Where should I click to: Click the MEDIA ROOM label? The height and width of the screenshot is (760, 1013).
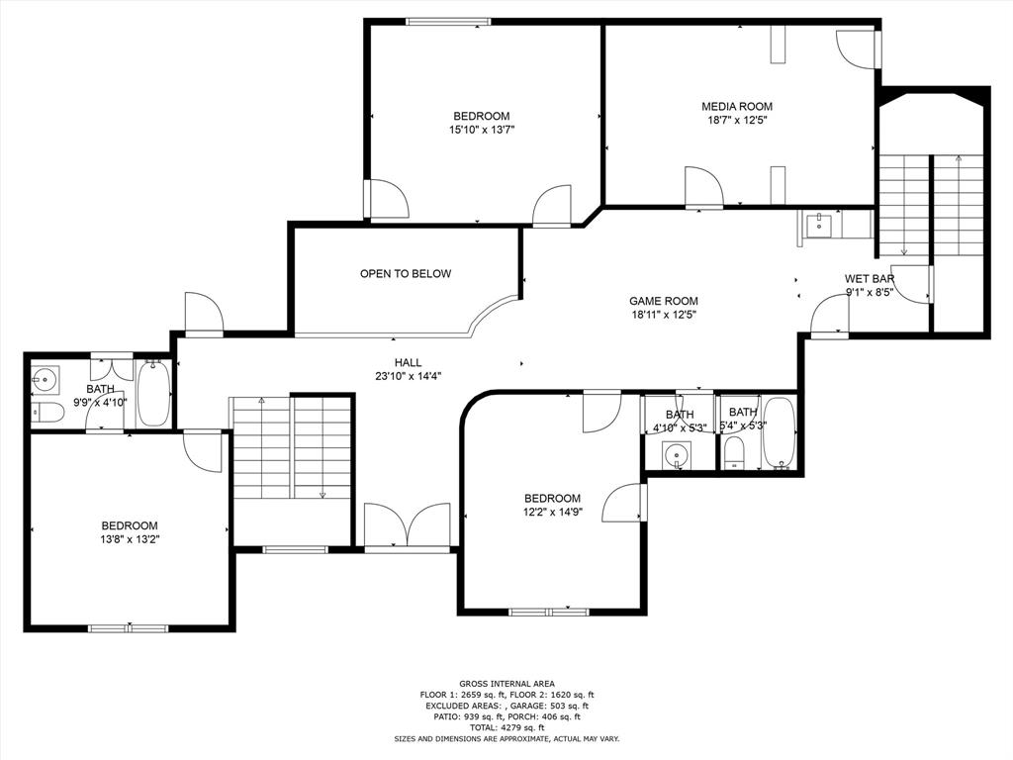(736, 106)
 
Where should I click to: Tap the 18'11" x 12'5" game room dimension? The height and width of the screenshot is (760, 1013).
(664, 316)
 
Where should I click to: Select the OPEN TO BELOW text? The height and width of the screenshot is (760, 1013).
(406, 274)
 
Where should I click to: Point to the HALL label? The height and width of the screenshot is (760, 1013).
(408, 363)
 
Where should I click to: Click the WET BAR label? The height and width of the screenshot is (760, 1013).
(870, 279)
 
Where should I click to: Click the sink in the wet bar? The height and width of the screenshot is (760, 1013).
(819, 226)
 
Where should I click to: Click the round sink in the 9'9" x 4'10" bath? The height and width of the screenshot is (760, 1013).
(46, 378)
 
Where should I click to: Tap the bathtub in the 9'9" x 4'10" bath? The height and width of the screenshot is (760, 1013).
(153, 393)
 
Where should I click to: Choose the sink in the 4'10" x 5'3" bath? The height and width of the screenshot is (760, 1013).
(677, 456)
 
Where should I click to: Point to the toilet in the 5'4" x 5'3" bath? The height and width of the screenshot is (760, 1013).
(734, 453)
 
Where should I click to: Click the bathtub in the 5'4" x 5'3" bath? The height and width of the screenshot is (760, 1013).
(778, 433)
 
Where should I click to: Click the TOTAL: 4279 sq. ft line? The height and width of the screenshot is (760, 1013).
(506, 727)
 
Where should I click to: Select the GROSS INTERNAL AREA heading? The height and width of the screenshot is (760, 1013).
(506, 684)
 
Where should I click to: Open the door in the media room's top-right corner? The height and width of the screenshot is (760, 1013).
(857, 47)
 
